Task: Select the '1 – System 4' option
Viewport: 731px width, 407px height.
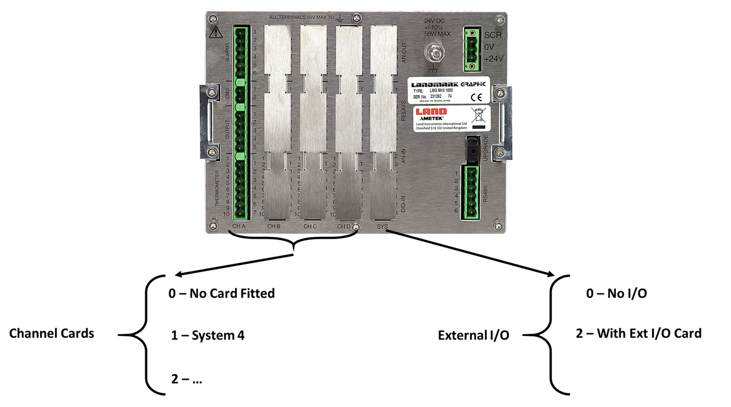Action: tap(208, 335)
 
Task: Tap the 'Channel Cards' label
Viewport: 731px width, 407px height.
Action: tap(51, 334)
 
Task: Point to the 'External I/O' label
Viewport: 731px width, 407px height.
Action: tap(473, 335)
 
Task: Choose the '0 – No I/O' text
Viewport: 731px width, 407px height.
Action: tap(617, 294)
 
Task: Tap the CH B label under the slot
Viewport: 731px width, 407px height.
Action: tap(274, 227)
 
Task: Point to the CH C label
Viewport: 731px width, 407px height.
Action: tap(310, 227)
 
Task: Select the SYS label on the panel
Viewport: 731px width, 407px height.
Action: tap(382, 227)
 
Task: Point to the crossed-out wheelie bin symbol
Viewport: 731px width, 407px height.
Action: tap(478, 115)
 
